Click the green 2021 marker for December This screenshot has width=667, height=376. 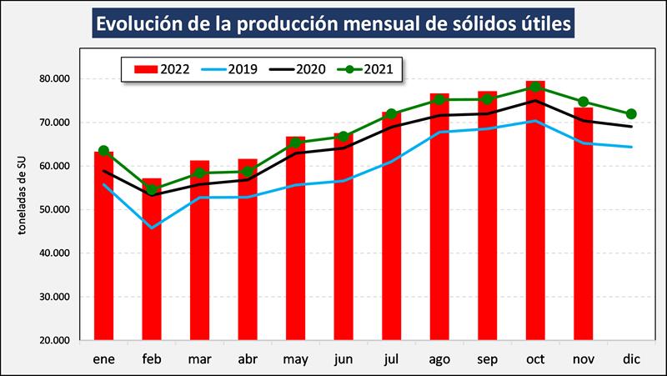631,113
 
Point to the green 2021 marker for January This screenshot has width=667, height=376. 103,151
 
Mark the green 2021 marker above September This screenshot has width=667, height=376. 487,99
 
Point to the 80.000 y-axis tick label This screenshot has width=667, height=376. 54,79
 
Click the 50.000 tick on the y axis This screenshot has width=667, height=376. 54,210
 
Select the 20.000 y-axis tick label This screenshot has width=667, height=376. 54,340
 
